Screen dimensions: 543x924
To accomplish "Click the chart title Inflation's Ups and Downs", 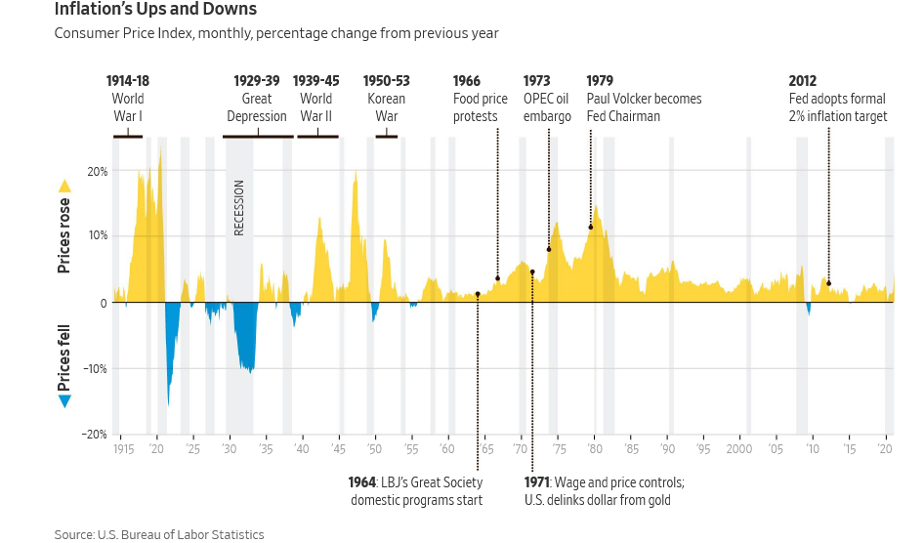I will pos(155,10).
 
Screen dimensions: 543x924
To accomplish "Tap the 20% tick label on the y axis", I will pos(97,171).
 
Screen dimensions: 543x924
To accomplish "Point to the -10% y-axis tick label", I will pos(94,369).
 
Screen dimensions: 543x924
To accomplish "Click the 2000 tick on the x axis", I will pos(738,449).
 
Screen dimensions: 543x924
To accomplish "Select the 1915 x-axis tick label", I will pos(123,449).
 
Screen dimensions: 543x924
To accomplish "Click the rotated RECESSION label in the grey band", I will pos(239,207).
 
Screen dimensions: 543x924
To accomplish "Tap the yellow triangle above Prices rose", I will pos(64,186).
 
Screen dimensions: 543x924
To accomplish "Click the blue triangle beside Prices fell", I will pos(64,401).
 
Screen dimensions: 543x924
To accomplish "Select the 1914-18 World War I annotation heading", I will pos(128,81).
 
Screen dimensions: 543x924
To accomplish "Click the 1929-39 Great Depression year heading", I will pos(257,81).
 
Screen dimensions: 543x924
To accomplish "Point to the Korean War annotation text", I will pos(386,107).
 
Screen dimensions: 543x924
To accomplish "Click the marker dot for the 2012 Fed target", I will pos(828,283).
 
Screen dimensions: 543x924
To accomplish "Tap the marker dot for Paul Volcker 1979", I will pos(591,228).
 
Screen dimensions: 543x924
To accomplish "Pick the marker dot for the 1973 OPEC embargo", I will pos(549,249).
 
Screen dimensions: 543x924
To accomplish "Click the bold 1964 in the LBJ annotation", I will pos(362,482).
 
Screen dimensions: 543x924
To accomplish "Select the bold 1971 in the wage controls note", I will pos(537,482).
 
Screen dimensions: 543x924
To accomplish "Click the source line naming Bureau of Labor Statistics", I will pos(159,534).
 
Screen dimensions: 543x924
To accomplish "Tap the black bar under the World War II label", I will pos(317,137).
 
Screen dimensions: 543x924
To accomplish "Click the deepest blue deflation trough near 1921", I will pos(169,402).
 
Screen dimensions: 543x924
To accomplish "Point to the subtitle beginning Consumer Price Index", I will pos(276,34).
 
